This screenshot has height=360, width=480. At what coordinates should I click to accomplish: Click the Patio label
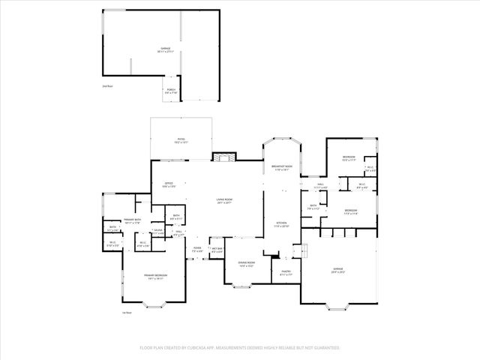coord(181,140)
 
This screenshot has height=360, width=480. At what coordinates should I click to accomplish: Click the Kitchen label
coord(281,224)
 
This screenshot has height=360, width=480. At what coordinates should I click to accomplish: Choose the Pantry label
coord(286,273)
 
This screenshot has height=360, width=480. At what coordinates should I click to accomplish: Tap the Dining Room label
coord(245,264)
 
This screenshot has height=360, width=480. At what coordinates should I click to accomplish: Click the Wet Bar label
coord(217,250)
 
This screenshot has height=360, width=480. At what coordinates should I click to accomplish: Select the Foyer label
coord(197,249)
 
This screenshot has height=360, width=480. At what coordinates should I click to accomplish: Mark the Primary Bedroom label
coord(155,277)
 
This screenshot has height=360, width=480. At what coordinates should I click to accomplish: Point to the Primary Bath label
coord(133,221)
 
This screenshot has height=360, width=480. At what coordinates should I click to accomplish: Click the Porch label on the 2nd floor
coord(170,91)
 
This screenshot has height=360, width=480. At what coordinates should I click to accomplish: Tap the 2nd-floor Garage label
coord(166,50)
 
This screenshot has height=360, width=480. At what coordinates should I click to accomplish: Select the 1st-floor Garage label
coord(338,270)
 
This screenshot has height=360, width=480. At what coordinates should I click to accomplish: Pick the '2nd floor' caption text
coord(107,87)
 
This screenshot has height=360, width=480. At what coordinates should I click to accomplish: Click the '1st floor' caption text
coord(127,313)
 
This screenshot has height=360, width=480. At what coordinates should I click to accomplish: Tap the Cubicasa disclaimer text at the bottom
coord(240,348)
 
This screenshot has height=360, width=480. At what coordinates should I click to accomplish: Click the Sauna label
coord(158,232)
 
